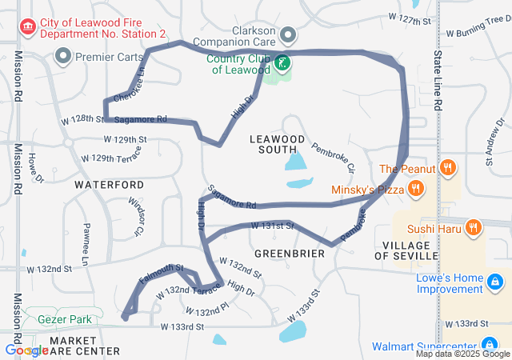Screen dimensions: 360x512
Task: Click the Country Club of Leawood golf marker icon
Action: tap(282, 62)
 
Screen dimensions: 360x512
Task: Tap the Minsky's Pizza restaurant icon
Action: tap(415, 190)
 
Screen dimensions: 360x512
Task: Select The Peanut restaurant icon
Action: tap(448, 168)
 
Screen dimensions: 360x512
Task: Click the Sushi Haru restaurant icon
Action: tap(473, 227)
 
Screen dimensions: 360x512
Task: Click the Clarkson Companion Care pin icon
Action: tap(288, 35)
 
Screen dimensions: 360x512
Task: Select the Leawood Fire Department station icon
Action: tap(29, 28)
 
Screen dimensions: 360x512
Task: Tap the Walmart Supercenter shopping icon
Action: tap(500, 346)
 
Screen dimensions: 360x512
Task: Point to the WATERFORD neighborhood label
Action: tap(109, 184)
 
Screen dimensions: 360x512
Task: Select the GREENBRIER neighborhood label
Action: tap(289, 253)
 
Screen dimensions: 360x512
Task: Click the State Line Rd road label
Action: tap(438, 80)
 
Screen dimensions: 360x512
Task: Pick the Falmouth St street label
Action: tap(162, 274)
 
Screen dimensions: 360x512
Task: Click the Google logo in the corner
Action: tap(26, 350)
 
